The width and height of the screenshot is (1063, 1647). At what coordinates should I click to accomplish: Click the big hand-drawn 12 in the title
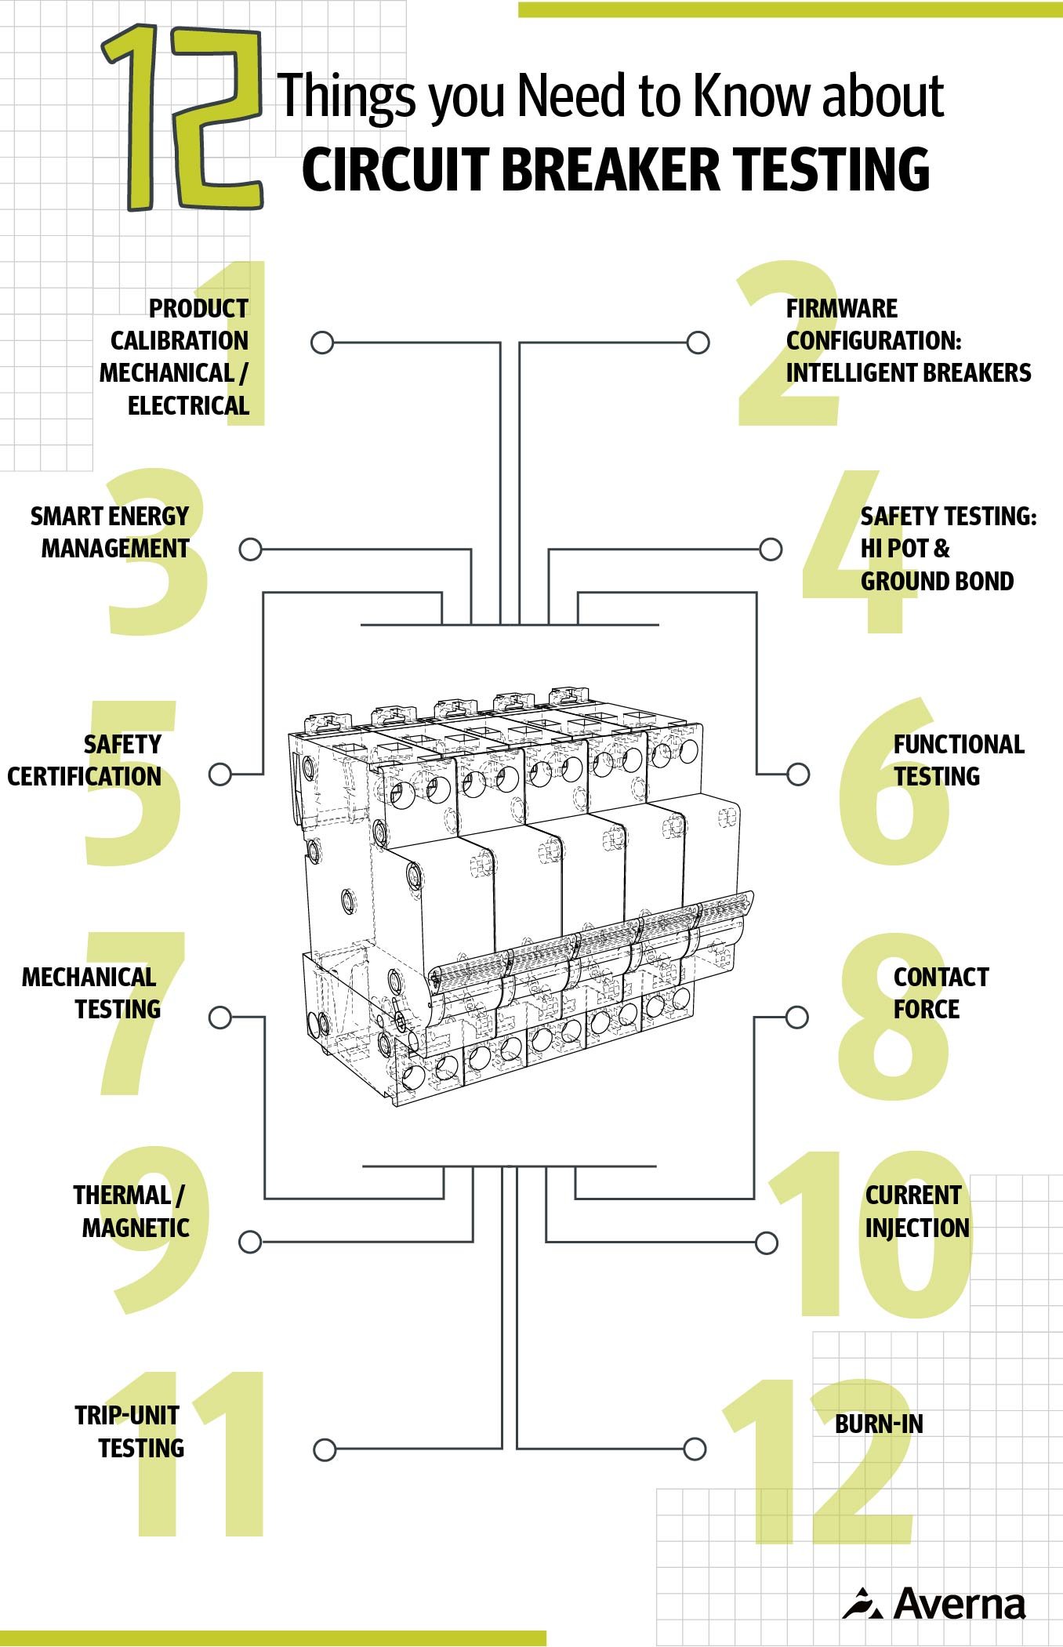click(x=182, y=118)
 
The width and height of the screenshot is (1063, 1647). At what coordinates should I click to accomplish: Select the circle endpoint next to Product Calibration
click(x=322, y=343)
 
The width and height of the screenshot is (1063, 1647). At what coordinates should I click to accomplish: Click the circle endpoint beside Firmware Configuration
click(x=698, y=343)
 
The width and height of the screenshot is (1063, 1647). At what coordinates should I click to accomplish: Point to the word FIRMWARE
click(x=841, y=308)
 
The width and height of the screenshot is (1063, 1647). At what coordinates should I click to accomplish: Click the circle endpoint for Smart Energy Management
click(x=250, y=550)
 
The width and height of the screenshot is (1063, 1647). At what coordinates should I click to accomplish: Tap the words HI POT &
click(x=905, y=549)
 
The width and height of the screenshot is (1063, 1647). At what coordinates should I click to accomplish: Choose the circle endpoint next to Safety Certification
click(x=220, y=775)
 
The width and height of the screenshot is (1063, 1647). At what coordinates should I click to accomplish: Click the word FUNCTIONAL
click(x=958, y=744)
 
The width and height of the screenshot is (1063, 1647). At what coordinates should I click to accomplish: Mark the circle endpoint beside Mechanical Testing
click(x=220, y=1018)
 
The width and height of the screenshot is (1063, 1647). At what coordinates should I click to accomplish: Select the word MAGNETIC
click(x=136, y=1228)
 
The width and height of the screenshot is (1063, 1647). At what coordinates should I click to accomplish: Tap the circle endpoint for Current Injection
click(x=767, y=1243)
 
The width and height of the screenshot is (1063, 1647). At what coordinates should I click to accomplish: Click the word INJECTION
click(x=917, y=1228)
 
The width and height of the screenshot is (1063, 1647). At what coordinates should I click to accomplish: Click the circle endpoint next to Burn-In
click(x=695, y=1449)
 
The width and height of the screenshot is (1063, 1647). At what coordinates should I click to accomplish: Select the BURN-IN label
click(x=878, y=1424)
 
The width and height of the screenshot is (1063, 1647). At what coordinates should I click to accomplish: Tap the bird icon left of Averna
click(x=863, y=1604)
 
